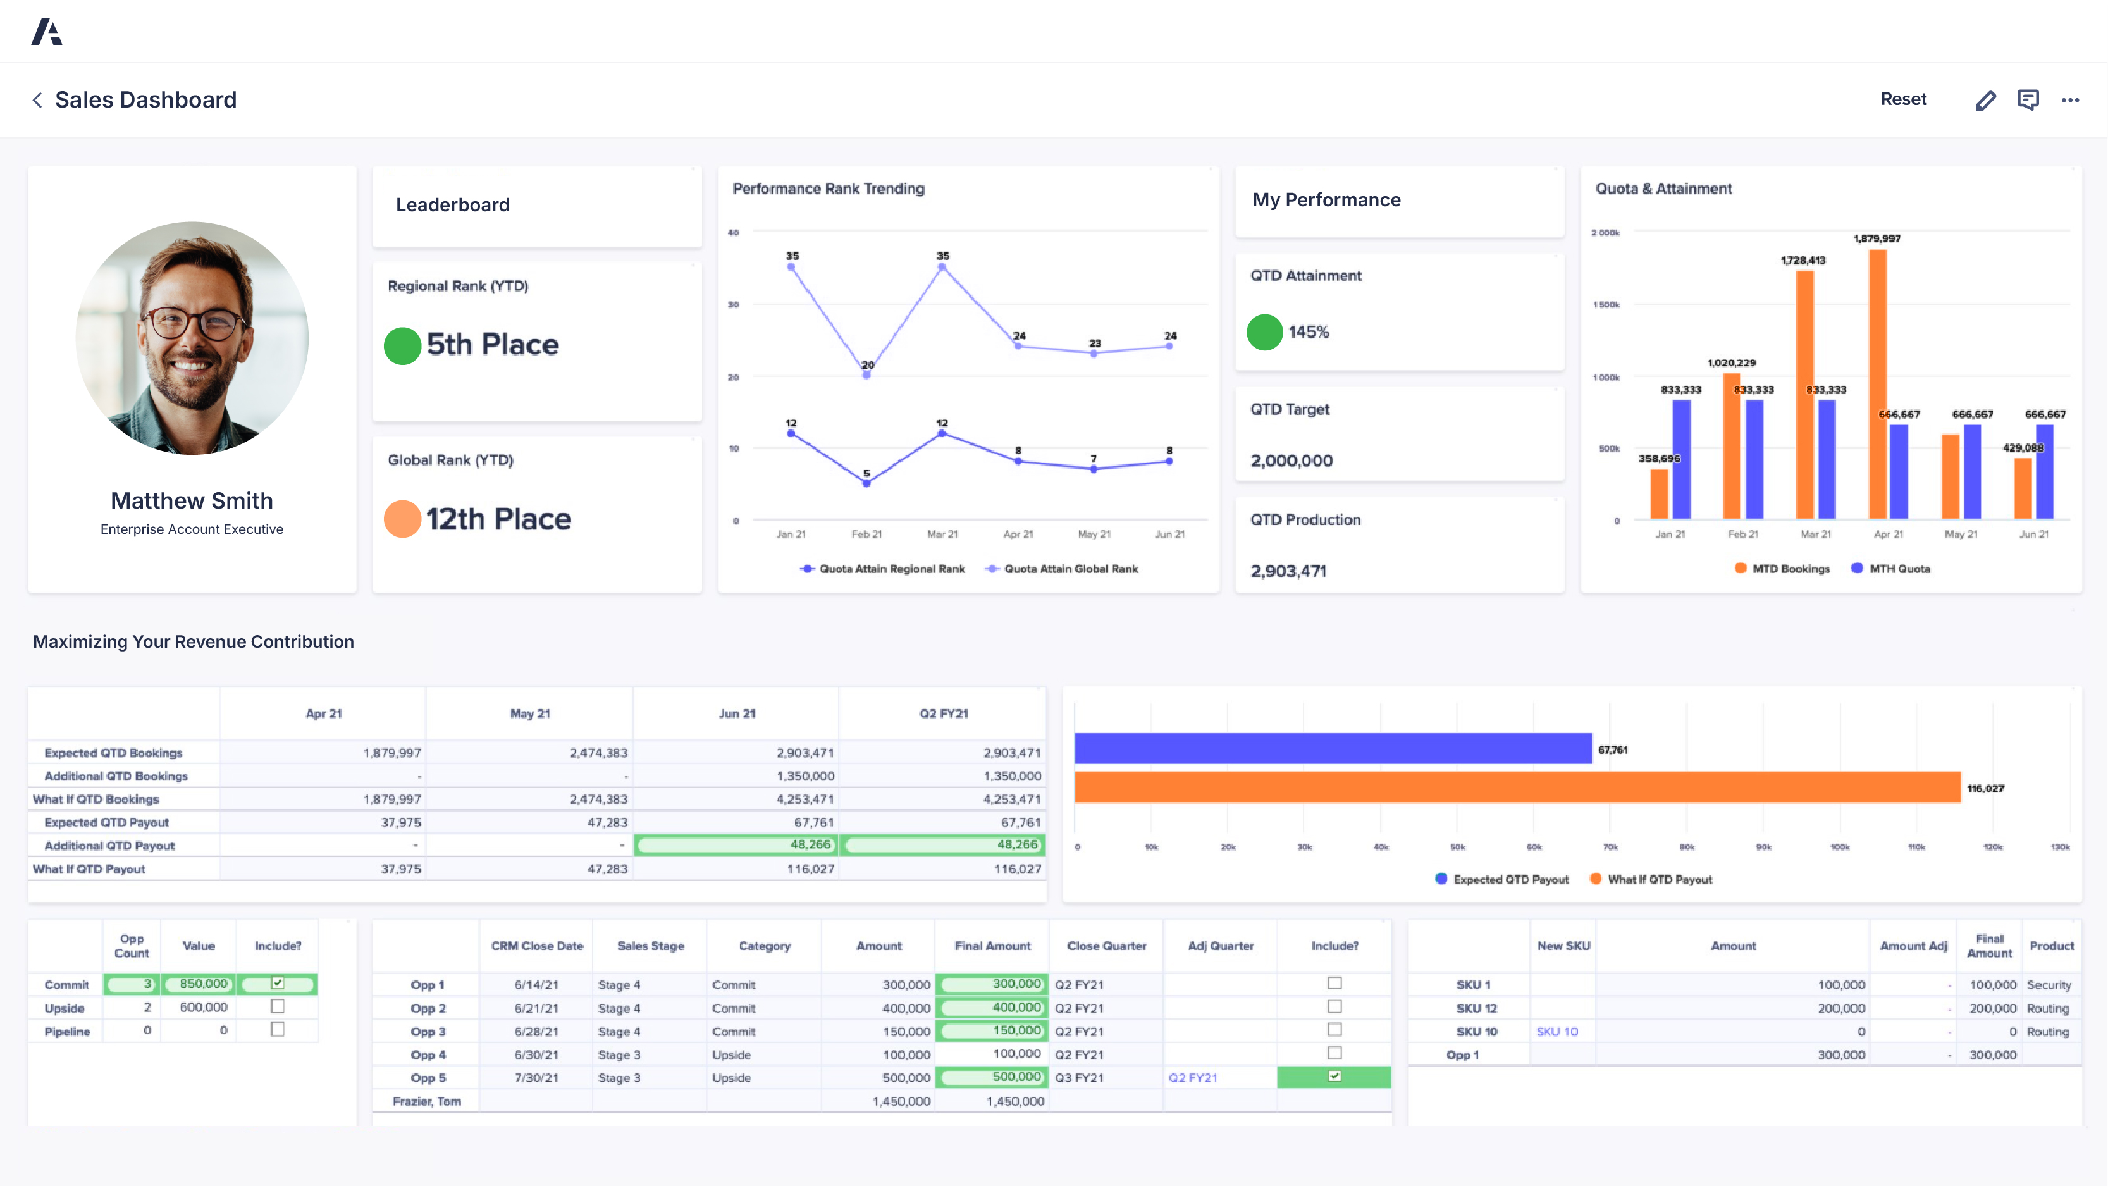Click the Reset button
1902,99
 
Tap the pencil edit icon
1985,100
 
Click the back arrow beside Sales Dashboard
37,100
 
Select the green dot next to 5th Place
402,345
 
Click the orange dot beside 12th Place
402,519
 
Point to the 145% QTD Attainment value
1308,332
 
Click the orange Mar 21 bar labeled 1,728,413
1804,393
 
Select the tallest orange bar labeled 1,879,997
1877,385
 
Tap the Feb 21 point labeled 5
866,483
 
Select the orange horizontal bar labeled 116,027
1517,788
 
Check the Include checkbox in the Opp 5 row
1334,1077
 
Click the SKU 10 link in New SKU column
1556,1031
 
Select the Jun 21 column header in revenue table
736,713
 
